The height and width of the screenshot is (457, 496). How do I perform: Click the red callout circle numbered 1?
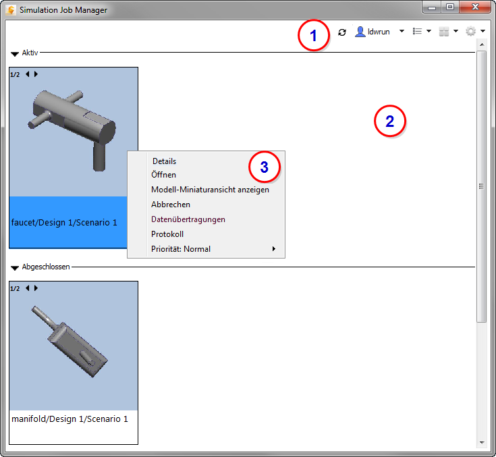point(314,35)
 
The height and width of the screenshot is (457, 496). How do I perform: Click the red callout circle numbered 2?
point(390,122)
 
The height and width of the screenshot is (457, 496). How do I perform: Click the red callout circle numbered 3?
point(264,167)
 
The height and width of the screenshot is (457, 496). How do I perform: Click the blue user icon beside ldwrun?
point(360,32)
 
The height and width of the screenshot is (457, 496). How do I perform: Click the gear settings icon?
point(470,31)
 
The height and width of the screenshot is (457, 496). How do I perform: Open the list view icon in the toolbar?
point(417,31)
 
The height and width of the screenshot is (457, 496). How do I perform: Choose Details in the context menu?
point(164,161)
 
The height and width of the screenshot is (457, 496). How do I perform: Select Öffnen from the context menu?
point(163,175)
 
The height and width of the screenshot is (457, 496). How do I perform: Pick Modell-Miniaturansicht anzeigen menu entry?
point(210,190)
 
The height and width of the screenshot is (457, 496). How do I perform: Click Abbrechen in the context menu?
point(171,205)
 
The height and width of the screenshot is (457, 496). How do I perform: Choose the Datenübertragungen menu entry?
point(188,219)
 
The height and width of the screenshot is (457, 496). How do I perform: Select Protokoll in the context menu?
point(167,234)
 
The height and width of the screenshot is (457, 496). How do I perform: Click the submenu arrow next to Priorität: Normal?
point(274,249)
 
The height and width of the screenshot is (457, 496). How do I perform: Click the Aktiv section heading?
point(30,53)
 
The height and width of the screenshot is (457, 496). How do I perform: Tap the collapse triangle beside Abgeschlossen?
point(15,268)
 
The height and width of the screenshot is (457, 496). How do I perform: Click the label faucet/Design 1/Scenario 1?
point(64,223)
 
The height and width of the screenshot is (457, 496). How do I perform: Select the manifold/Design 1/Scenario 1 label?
point(70,419)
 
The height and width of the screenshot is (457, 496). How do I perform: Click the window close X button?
point(475,7)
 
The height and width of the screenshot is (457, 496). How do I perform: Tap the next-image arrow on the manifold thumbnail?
point(36,288)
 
